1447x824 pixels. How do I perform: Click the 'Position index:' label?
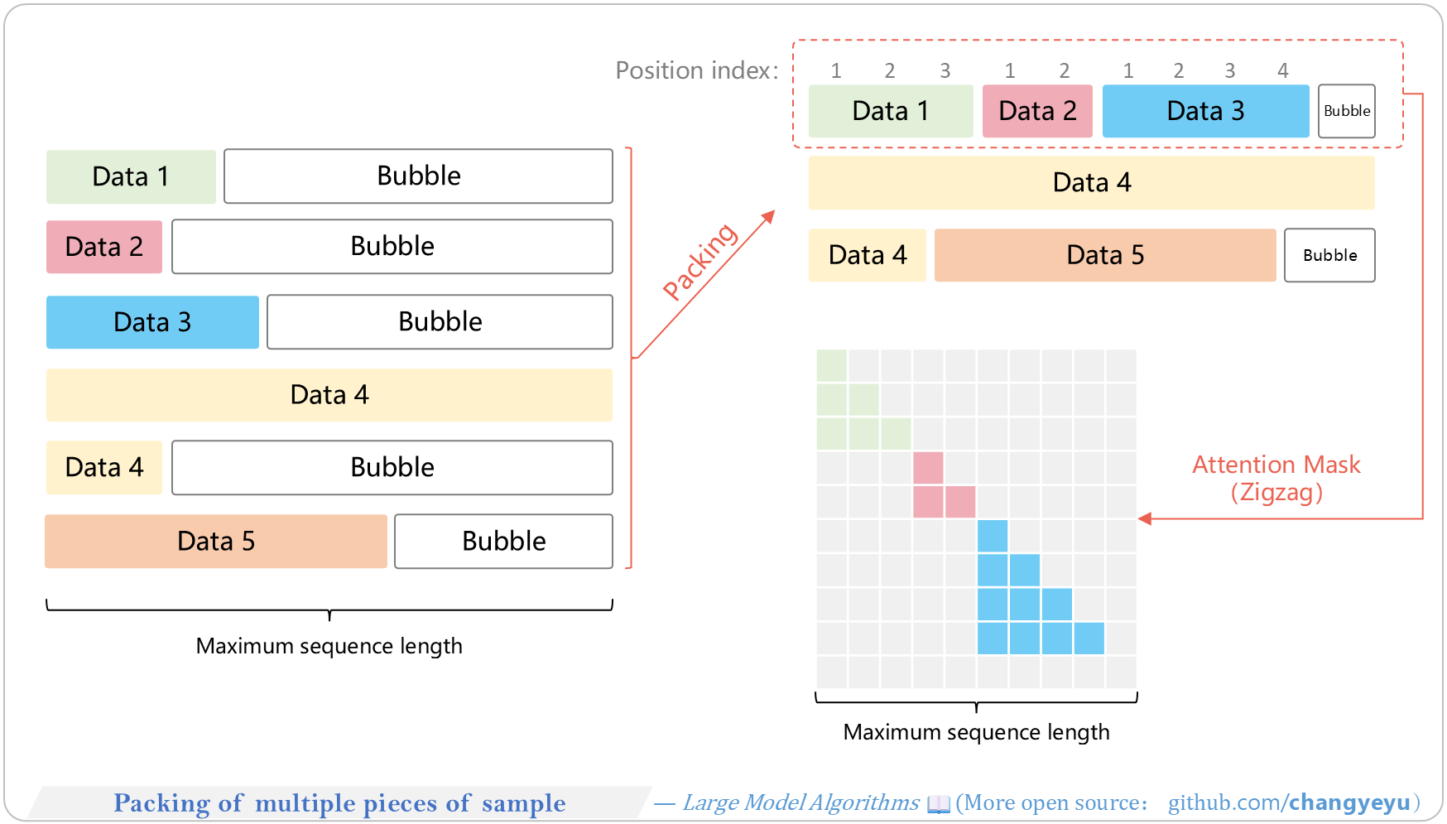click(697, 70)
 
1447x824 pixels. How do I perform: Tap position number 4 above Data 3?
click(1282, 70)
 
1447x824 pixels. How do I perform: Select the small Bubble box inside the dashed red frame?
click(1347, 111)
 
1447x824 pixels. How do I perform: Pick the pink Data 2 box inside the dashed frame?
click(1037, 111)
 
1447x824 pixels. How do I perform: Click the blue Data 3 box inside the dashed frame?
click(1205, 111)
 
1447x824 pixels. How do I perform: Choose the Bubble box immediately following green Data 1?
click(418, 176)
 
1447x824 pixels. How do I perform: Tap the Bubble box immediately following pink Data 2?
click(392, 247)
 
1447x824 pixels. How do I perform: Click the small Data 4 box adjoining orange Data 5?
click(868, 255)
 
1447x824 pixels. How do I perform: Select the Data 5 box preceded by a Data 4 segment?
click(1105, 255)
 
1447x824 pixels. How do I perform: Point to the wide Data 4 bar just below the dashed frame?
click(1092, 183)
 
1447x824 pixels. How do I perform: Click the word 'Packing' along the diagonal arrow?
click(699, 261)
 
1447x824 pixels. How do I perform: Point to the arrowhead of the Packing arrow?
click(769, 216)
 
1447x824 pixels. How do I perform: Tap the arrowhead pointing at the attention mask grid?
click(1145, 519)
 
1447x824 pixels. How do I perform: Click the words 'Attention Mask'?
click(1276, 465)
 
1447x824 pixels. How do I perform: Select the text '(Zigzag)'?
click(1276, 493)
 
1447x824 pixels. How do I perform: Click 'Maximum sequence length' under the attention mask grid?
click(977, 732)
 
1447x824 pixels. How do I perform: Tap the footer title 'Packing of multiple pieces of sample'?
click(339, 803)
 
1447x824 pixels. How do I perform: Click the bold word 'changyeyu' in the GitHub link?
click(1349, 802)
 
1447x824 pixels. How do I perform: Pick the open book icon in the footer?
click(939, 803)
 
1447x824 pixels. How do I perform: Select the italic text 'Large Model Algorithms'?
click(800, 802)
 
